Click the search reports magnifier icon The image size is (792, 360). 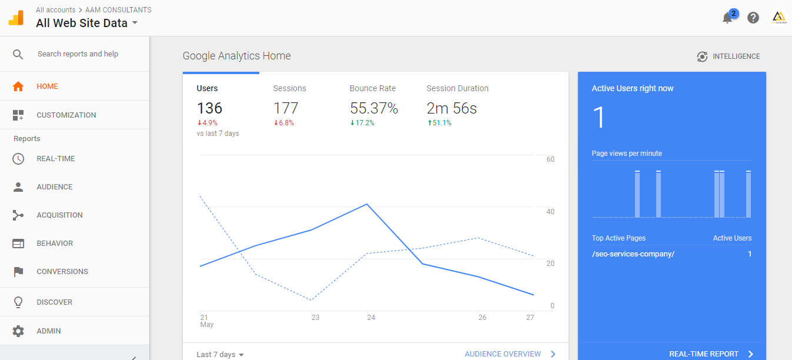click(x=18, y=54)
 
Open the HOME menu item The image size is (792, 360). click(x=47, y=86)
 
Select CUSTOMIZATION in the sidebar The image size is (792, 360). click(x=66, y=115)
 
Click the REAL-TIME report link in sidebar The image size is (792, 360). click(x=55, y=159)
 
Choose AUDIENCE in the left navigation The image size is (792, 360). click(x=54, y=187)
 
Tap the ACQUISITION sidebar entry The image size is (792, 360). click(x=59, y=215)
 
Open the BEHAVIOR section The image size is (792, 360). click(x=55, y=244)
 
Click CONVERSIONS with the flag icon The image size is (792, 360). click(x=62, y=272)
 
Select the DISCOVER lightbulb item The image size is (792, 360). click(x=54, y=302)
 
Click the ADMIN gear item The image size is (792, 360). click(x=48, y=331)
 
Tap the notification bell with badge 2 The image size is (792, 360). click(x=728, y=18)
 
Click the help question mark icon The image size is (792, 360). click(x=753, y=18)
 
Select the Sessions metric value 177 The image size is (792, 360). click(x=286, y=108)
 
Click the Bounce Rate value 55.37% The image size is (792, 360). click(x=374, y=108)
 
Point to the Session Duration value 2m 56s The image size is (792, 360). click(x=452, y=108)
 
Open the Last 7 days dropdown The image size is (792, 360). click(x=220, y=354)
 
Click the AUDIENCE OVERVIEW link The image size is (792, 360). click(x=503, y=354)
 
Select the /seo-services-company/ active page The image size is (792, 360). click(x=633, y=254)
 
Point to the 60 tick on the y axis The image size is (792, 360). click(x=550, y=159)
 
